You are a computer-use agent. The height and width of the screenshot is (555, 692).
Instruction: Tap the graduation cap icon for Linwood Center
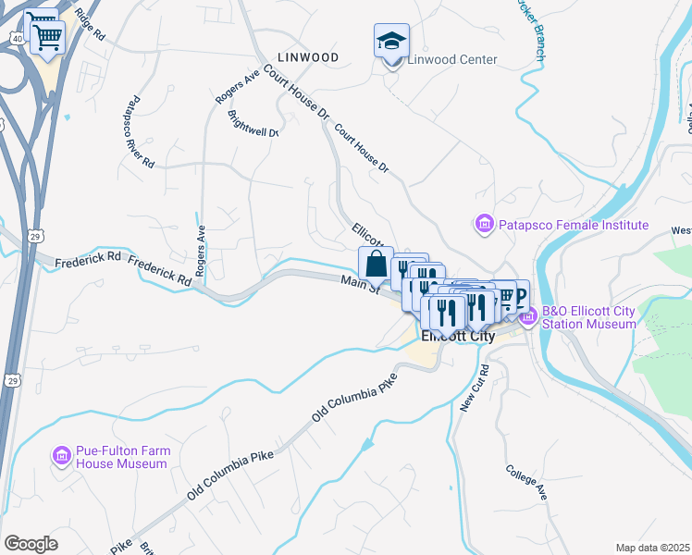[x=391, y=42]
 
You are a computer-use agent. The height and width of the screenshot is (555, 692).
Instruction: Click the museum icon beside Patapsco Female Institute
[x=483, y=224]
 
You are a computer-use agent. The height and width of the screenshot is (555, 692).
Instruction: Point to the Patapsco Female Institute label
[x=574, y=225]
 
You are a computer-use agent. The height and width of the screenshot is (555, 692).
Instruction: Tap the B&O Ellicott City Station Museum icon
[x=528, y=317]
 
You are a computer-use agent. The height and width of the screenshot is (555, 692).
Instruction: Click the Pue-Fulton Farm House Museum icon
[x=62, y=456]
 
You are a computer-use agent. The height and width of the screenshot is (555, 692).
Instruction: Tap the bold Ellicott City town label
[x=458, y=337]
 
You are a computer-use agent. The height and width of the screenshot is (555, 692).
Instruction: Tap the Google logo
[x=31, y=543]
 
